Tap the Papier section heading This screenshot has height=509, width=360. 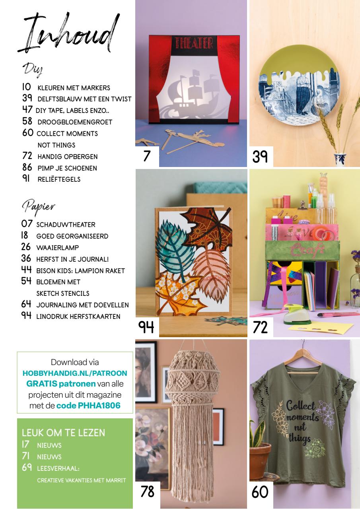(38, 206)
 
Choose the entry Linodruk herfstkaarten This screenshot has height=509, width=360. (78, 317)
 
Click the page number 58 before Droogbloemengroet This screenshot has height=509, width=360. (27, 122)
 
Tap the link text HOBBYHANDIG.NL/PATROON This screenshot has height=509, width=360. (75, 373)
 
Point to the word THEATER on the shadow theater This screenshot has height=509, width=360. (192, 43)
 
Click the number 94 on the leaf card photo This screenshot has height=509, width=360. (146, 327)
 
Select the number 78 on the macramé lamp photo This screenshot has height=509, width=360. (147, 492)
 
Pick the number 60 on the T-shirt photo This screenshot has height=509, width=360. (260, 492)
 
